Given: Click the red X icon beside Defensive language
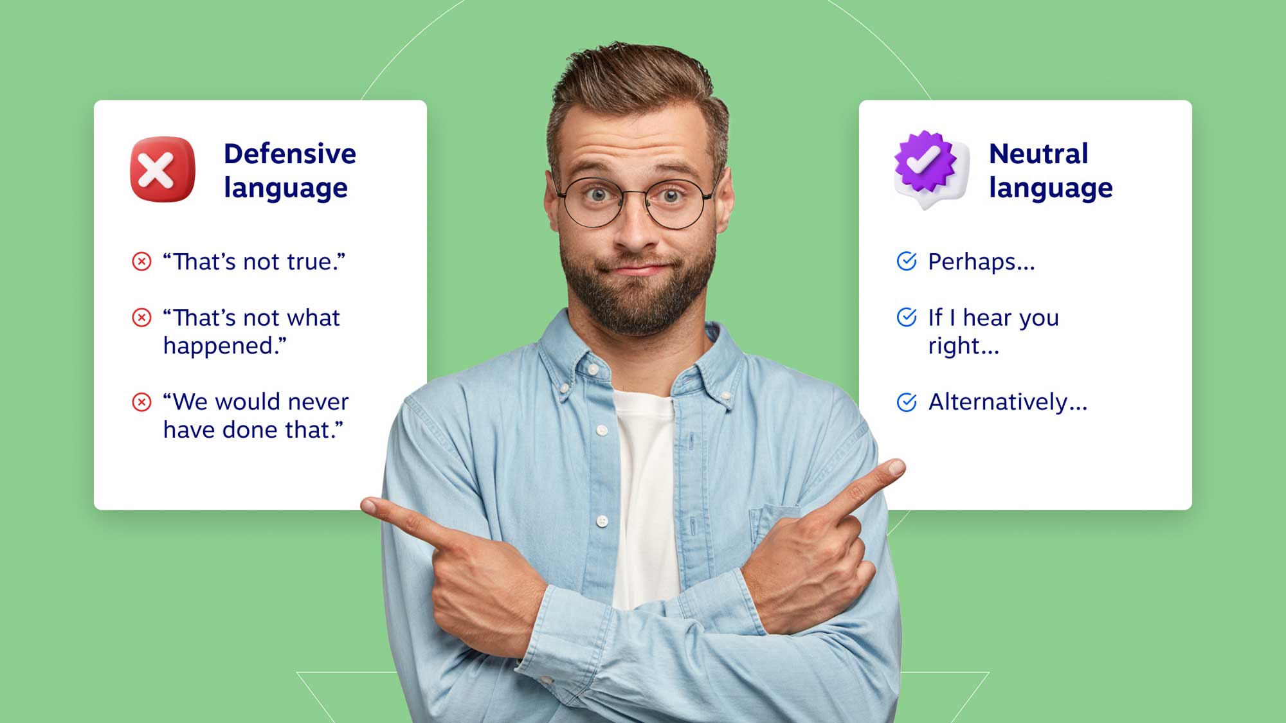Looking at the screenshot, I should click(x=162, y=170).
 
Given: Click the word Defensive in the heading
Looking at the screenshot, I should click(x=289, y=154).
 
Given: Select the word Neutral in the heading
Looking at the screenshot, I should click(x=1038, y=154).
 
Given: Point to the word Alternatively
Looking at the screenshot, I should click(x=1007, y=402).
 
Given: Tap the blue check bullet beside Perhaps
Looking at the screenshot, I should click(x=907, y=261).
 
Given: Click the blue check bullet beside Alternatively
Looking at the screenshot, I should click(x=907, y=402).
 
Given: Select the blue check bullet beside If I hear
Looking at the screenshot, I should click(x=907, y=317).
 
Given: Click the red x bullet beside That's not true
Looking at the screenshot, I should click(x=141, y=262).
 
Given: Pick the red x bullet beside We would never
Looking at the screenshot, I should click(x=141, y=402).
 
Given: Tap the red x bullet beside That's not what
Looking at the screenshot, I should click(x=141, y=317).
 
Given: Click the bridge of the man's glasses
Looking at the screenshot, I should click(x=635, y=195).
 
